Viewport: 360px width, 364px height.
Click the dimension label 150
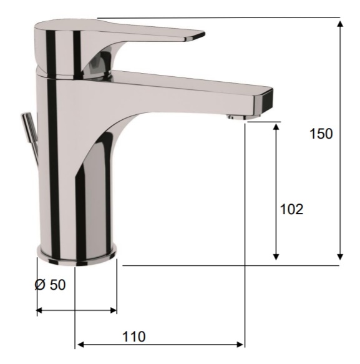[321, 134]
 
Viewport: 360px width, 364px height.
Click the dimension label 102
[291, 209]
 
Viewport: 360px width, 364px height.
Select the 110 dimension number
[134, 337]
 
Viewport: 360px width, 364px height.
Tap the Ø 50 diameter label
[50, 285]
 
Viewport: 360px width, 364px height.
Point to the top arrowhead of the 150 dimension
[340, 24]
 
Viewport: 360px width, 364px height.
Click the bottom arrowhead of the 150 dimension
[340, 257]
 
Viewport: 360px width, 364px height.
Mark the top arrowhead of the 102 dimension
[276, 127]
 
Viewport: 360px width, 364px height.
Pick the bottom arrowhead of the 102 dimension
[276, 257]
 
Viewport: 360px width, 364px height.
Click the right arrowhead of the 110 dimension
[240, 344]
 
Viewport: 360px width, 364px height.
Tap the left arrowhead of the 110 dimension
[80, 344]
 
